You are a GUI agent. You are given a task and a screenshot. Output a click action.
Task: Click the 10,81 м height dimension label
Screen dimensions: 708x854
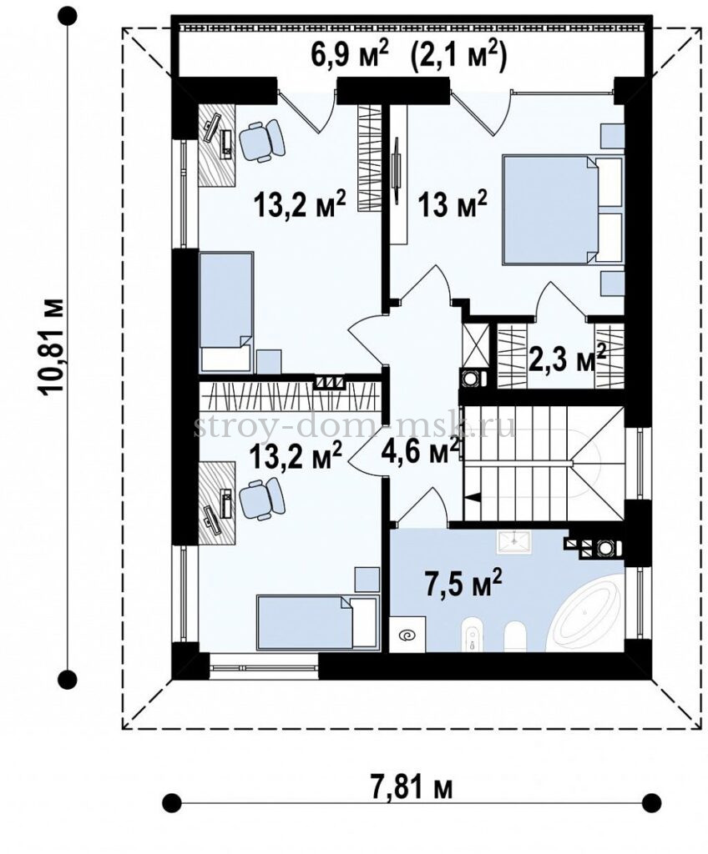point(54,345)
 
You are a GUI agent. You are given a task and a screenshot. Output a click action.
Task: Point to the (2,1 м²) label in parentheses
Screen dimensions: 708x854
point(457,56)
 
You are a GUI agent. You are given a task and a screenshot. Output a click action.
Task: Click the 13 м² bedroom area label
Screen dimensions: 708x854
point(453,204)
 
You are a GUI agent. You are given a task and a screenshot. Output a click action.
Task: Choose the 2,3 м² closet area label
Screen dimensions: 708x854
point(567,358)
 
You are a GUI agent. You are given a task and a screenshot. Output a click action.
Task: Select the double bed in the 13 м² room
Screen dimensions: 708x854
point(563,210)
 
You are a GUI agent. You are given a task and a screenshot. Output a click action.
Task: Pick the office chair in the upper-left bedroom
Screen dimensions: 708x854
point(263,140)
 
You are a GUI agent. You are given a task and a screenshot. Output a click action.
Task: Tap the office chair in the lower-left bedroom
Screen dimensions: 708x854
point(262,499)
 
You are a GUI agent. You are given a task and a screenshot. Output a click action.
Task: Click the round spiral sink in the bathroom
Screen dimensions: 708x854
point(407,634)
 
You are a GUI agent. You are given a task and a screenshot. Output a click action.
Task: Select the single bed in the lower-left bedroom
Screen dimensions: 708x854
point(317,622)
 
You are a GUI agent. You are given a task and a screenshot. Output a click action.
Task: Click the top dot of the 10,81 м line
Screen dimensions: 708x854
point(68,17)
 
